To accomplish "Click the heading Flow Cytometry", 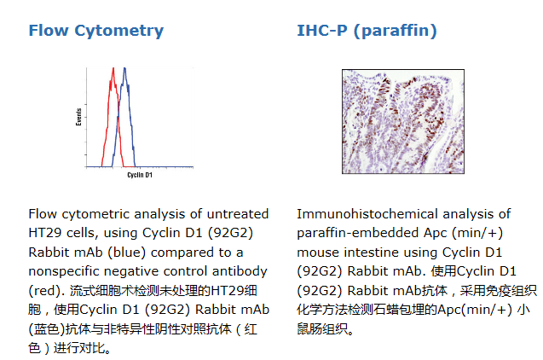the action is [x=96, y=31].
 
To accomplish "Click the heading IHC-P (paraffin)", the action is [x=367, y=31].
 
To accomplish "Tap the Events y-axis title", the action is [x=79, y=117].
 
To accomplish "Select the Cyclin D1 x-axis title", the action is [x=140, y=175].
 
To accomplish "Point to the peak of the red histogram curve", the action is [x=113, y=68].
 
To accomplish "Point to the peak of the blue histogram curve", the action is [x=124, y=68].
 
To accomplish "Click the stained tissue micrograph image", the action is [x=403, y=121].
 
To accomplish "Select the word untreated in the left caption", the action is [x=238, y=214].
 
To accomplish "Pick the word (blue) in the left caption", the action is [x=126, y=253].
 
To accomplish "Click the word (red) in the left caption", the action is [x=47, y=290].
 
